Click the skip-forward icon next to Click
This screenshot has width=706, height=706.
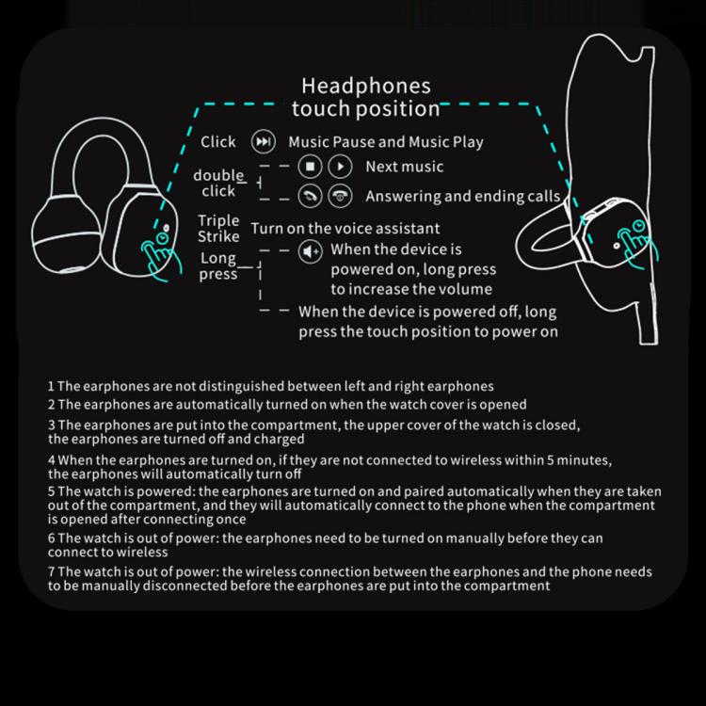264,142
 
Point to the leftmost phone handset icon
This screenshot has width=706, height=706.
310,196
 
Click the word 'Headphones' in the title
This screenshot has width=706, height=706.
366,87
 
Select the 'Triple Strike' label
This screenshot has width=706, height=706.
218,228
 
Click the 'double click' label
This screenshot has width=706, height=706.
218,183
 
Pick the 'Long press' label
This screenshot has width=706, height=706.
218,266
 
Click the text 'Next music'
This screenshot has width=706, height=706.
404,168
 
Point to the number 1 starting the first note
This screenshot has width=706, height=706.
51,386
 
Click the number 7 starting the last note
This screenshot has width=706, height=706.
51,571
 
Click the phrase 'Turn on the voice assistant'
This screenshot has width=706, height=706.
345,228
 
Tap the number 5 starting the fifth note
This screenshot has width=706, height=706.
51,491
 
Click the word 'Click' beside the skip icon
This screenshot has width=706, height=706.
218,142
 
